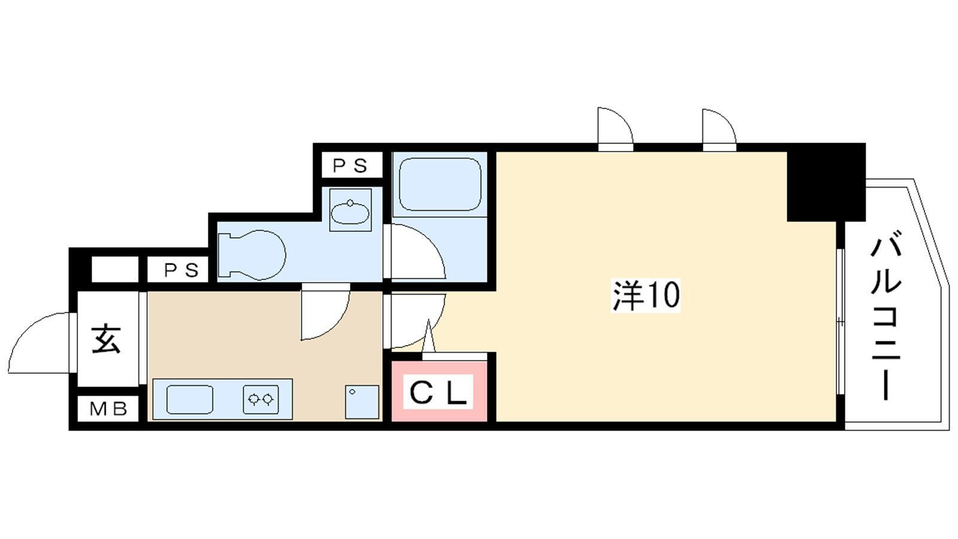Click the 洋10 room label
coord(646,295)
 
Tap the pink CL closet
coord(439,391)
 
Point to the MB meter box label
coord(108,409)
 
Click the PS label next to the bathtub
coord(350,165)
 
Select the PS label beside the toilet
coord(181,270)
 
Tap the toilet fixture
coord(251,255)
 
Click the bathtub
coord(440,183)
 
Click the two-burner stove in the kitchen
coord(261,399)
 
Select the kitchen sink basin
coord(189,399)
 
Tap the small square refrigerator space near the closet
coord(362,402)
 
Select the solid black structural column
coord(826,183)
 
